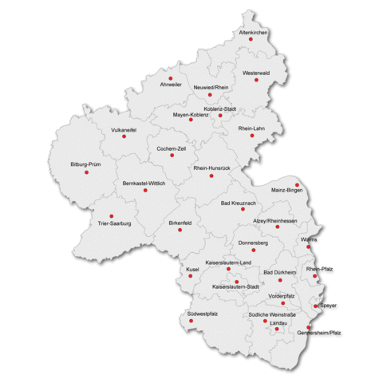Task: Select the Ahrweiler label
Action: (x=171, y=84)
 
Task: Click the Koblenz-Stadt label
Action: (x=220, y=108)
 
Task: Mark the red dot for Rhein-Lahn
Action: (x=252, y=136)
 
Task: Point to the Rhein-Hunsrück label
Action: (x=211, y=168)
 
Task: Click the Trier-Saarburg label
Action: (x=113, y=224)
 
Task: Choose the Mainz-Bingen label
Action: (x=286, y=191)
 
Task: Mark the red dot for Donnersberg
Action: (x=254, y=250)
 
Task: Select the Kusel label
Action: (x=191, y=269)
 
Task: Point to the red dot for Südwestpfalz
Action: (x=191, y=321)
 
